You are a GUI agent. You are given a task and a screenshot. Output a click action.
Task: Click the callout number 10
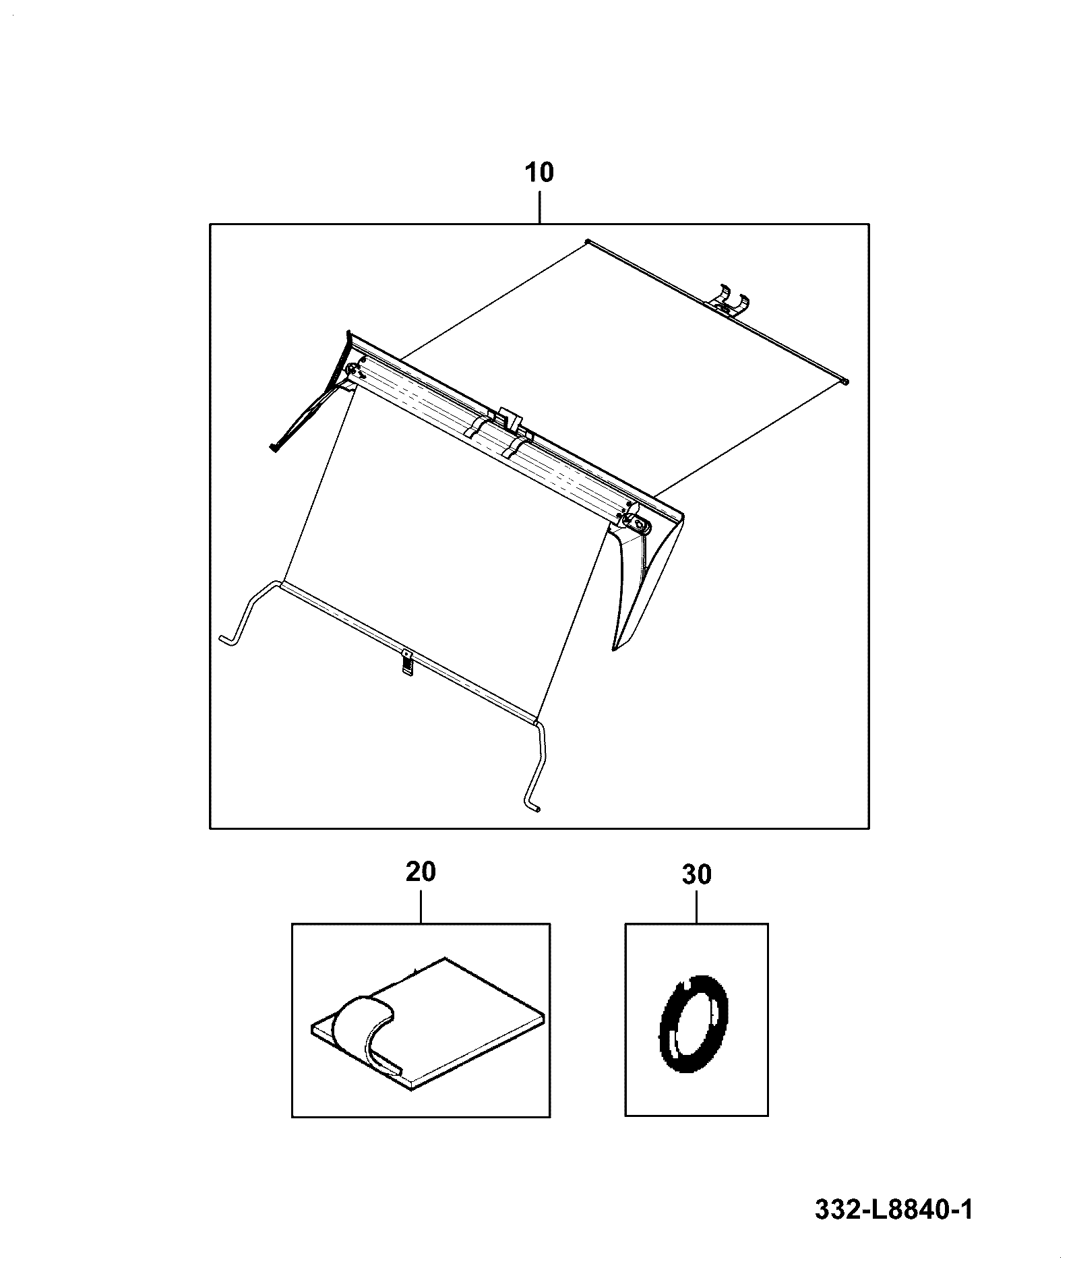pos(539,173)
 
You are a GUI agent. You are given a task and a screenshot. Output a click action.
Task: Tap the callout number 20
pos(421,872)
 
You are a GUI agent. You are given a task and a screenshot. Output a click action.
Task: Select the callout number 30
pos(696,875)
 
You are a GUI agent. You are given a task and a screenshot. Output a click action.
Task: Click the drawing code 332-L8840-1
pos(894,1209)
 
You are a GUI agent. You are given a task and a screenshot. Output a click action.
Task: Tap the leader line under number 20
pos(421,904)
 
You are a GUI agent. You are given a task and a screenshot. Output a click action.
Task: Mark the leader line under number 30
pos(696,905)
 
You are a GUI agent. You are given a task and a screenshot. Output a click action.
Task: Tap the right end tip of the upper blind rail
pos(846,382)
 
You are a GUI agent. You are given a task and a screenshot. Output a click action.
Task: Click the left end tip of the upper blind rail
pos(588,241)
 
